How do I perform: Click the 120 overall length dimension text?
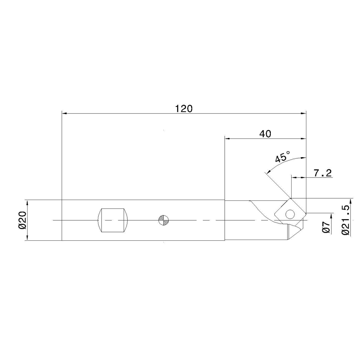tap(184, 108)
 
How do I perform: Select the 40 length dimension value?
tap(265, 134)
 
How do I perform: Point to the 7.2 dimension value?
tap(322, 173)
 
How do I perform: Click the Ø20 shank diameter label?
tap(23, 220)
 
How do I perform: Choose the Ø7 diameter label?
tap(326, 228)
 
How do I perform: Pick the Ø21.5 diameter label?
tap(346, 220)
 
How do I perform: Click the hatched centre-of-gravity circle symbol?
tap(164, 220)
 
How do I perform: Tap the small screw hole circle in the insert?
tap(290, 214)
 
